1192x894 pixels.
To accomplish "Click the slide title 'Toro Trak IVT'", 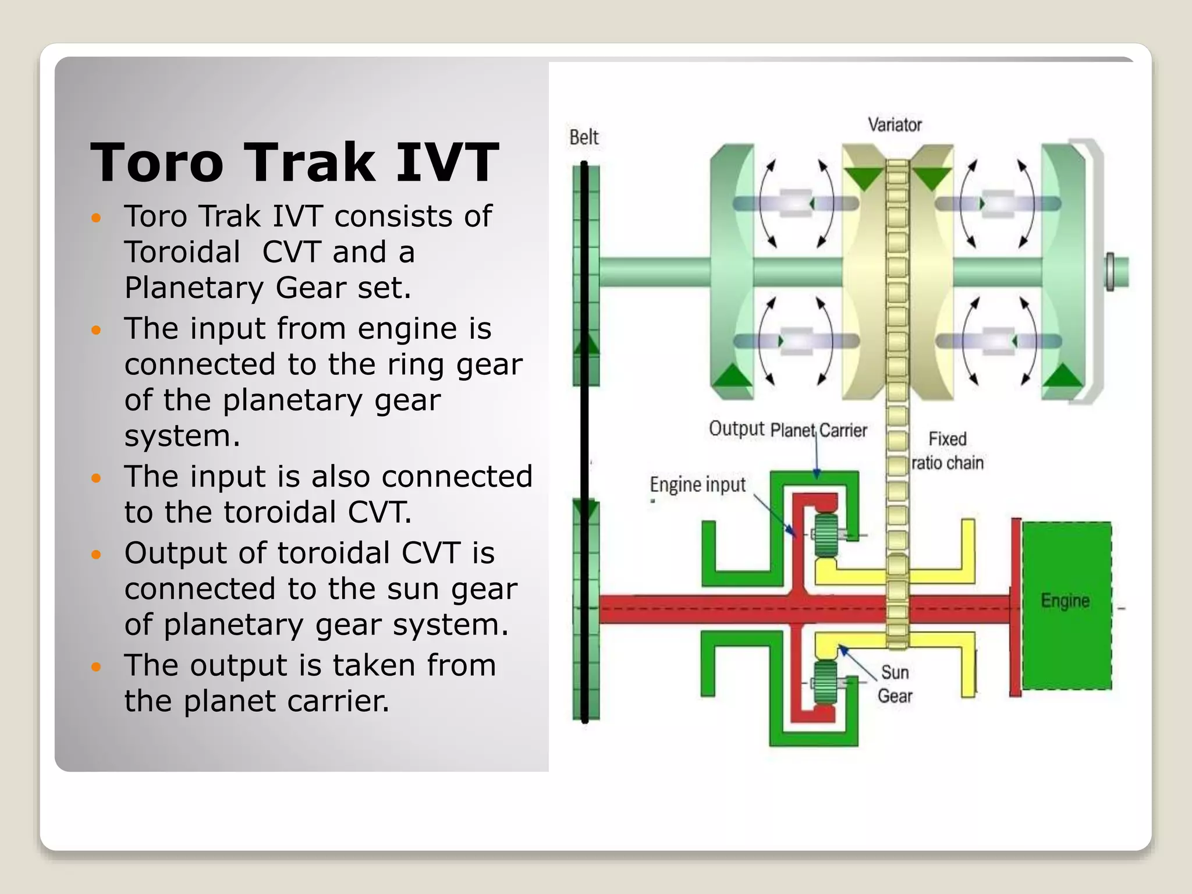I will point(295,162).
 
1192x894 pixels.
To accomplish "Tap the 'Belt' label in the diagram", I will point(584,137).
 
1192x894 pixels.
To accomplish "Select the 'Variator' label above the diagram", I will point(895,125).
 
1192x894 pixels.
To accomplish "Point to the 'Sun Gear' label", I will point(895,684).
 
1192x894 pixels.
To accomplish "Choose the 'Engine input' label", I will point(697,484).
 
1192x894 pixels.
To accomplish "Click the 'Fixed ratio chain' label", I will point(948,450).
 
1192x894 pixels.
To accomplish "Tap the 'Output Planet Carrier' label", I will point(787,430).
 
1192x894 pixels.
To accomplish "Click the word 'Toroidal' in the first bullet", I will point(182,252).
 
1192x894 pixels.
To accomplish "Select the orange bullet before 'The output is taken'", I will point(97,666).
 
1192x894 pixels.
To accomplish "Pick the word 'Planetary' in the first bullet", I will point(194,288).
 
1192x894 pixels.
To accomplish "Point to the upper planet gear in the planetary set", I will point(826,535).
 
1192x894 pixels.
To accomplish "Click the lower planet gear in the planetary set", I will point(825,682).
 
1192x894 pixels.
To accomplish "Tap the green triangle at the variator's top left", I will point(864,178).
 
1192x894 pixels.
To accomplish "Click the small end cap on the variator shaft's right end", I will point(1111,272).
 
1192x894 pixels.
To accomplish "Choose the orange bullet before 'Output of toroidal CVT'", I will point(97,554).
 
